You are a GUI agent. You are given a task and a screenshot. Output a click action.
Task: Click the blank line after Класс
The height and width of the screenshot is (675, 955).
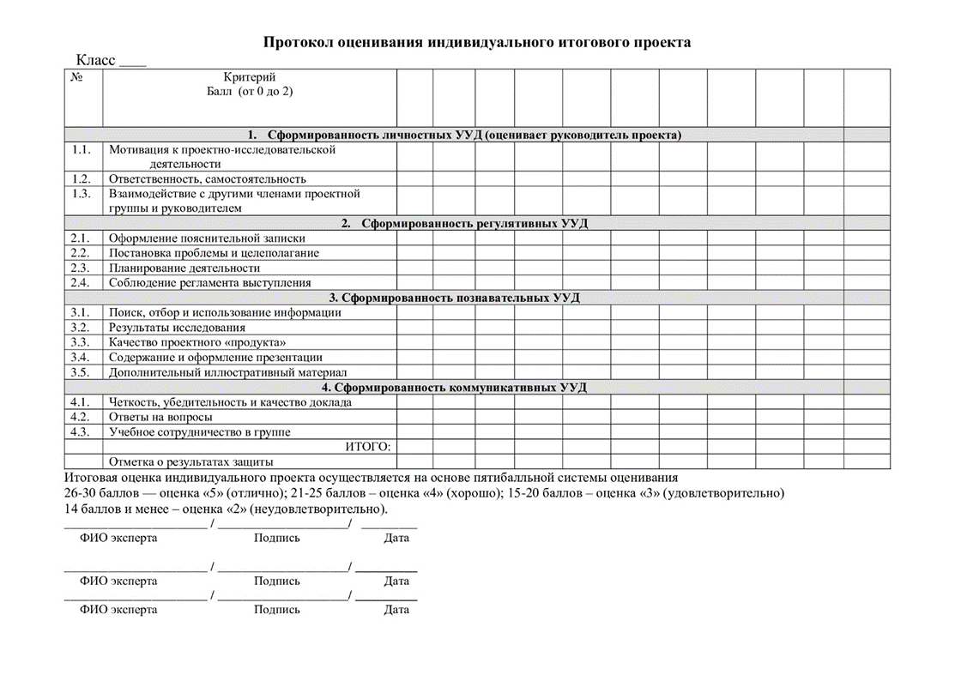[x=132, y=63]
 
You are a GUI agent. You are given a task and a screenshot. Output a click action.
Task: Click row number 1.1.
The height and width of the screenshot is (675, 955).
[x=82, y=149]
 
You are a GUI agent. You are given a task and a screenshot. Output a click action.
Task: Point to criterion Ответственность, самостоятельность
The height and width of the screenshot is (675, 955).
[x=207, y=179]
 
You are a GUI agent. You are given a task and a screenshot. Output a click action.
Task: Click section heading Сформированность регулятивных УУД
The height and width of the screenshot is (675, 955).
[x=474, y=224]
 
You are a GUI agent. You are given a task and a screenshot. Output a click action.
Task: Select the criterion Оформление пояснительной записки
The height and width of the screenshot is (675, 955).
[x=206, y=238]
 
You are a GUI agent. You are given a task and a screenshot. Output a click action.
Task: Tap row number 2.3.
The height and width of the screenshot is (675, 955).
[x=81, y=268]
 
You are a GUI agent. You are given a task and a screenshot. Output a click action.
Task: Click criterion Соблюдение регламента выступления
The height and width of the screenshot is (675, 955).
[x=209, y=282]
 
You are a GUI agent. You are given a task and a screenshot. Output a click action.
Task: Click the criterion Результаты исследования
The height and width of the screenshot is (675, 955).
[x=177, y=328]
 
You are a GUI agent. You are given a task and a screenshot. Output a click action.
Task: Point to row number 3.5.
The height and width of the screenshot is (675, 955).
[x=81, y=372]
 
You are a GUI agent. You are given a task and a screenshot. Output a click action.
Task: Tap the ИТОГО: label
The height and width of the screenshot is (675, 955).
[x=367, y=447]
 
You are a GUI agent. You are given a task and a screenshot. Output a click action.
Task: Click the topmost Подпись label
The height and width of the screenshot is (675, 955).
[x=277, y=538]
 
